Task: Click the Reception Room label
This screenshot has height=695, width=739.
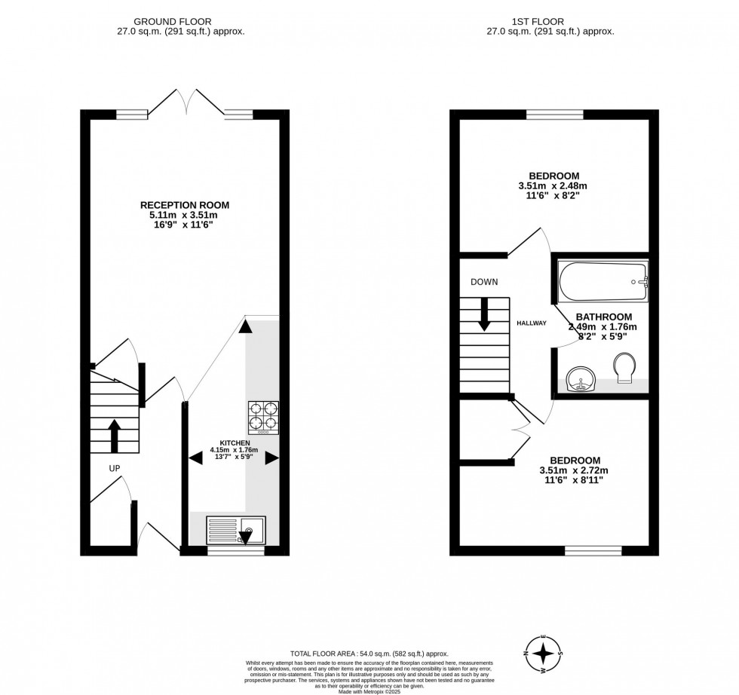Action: click(185, 204)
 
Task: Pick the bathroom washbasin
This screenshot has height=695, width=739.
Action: click(581, 377)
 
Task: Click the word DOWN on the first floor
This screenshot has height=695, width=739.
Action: click(483, 282)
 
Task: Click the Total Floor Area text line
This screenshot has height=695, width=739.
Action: click(369, 653)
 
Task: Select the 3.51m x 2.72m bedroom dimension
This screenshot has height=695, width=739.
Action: click(574, 471)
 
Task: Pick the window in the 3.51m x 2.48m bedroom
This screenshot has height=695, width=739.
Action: click(554, 115)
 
